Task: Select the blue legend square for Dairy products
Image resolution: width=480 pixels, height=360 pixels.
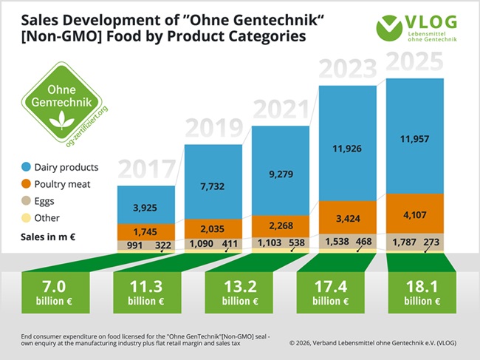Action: click(x=27, y=168)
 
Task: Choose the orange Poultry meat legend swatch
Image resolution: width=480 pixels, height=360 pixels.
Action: click(x=27, y=184)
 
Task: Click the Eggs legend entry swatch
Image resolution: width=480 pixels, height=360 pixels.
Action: click(x=27, y=201)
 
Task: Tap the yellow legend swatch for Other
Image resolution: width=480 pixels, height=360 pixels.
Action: click(x=27, y=218)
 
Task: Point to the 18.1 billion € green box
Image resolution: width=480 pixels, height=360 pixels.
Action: click(x=415, y=292)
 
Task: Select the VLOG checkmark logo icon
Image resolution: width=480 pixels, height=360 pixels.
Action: click(x=389, y=27)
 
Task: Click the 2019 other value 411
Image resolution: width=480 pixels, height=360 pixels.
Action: click(x=232, y=242)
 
